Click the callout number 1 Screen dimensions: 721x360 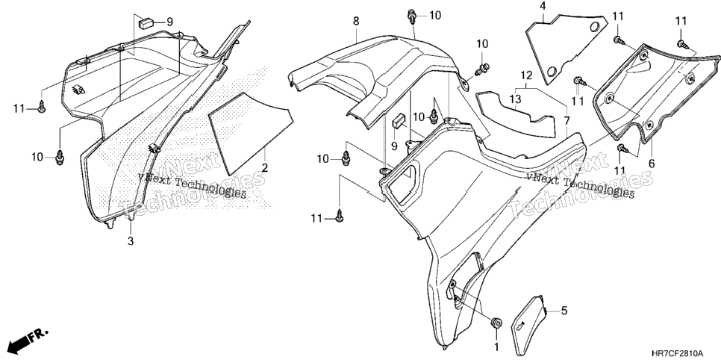[x=496, y=346]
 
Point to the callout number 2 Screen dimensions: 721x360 [x=265, y=167]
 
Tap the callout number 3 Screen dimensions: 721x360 [x=131, y=240]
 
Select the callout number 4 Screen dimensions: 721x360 [x=543, y=6]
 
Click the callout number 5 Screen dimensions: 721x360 [x=564, y=311]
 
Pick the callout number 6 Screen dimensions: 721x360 [x=652, y=164]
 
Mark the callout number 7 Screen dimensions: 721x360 [x=566, y=121]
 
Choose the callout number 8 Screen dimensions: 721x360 [x=356, y=21]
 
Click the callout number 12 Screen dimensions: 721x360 [x=526, y=75]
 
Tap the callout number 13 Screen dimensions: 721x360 [x=515, y=99]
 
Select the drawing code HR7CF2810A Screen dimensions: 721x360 [x=677, y=353]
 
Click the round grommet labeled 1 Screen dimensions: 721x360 [x=496, y=323]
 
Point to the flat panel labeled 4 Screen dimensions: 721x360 [x=565, y=48]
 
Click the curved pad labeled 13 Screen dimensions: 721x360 [x=515, y=117]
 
